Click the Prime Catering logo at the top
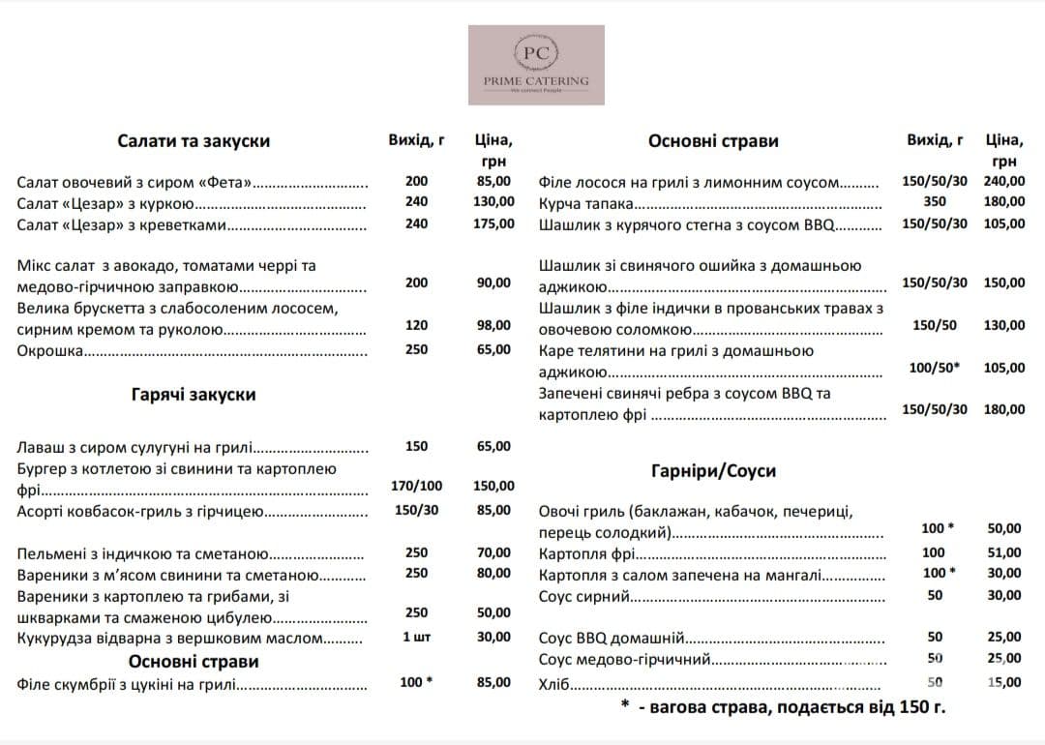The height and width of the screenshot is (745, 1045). click(x=536, y=65)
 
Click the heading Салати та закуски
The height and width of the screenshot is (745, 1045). click(x=194, y=141)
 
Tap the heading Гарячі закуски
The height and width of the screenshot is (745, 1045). click(x=194, y=395)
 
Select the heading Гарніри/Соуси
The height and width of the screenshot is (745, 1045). click(x=713, y=471)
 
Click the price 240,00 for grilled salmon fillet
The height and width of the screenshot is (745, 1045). click(x=1004, y=181)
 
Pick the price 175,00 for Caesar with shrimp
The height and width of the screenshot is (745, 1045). click(x=493, y=223)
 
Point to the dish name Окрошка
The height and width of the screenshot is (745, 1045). click(x=49, y=350)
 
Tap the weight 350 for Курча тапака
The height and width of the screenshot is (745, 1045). click(x=935, y=201)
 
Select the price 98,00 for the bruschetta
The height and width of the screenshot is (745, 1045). click(x=493, y=325)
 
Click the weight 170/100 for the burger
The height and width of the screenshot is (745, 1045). click(x=417, y=486)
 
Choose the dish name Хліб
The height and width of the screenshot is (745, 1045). click(x=552, y=683)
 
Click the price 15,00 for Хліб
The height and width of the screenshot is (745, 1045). click(x=1004, y=682)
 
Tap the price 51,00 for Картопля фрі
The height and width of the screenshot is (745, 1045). click(x=1004, y=552)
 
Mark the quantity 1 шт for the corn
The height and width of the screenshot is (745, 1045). click(x=417, y=637)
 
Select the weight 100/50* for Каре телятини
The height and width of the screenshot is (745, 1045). click(x=935, y=368)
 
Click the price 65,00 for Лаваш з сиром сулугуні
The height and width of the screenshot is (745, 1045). click(x=493, y=446)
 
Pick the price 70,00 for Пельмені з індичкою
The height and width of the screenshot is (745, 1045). click(x=493, y=552)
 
